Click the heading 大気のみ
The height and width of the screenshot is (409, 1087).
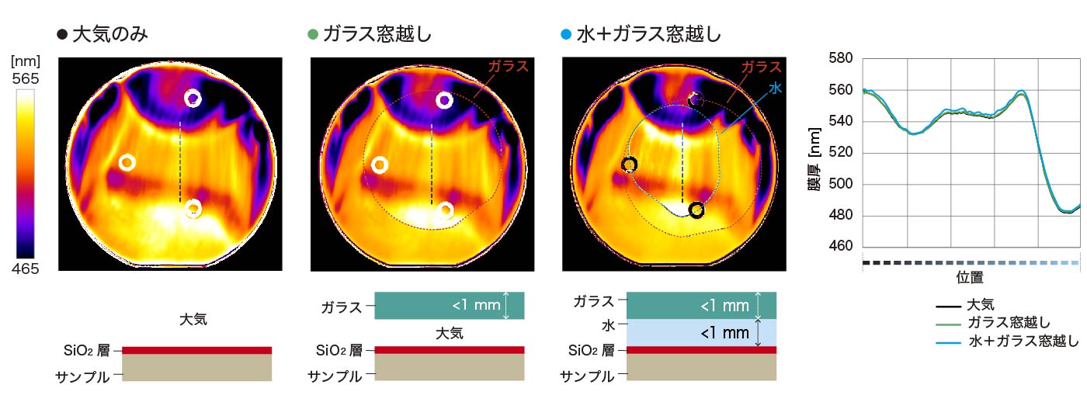click(109, 34)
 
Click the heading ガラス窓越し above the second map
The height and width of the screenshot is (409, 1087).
click(377, 34)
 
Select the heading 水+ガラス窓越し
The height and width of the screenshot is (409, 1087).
click(649, 34)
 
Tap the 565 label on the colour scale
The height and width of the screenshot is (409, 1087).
click(26, 78)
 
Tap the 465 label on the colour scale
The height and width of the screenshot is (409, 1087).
click(26, 269)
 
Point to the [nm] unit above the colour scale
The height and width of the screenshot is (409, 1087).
click(26, 61)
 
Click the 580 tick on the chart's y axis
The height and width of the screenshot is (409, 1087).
click(841, 58)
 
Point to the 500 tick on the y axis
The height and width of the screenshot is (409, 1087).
click(841, 185)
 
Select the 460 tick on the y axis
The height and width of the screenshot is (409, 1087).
click(841, 248)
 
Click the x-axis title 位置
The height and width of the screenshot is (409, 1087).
click(971, 277)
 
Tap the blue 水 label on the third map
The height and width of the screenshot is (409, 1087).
click(775, 88)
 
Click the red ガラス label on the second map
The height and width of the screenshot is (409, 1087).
click(508, 66)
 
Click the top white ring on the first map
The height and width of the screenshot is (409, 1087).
click(193, 99)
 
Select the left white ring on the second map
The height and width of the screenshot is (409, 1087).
click(380, 165)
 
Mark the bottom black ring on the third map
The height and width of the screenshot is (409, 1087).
click(696, 210)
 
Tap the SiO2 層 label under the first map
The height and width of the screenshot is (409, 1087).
click(88, 350)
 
